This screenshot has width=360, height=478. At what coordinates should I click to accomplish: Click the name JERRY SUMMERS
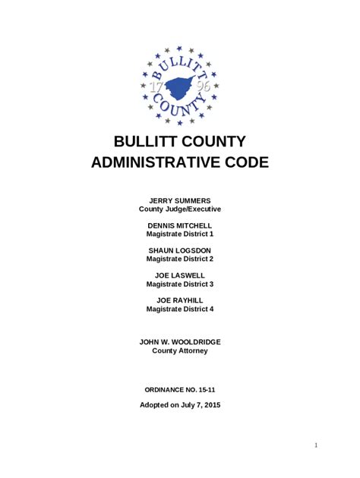coord(180,200)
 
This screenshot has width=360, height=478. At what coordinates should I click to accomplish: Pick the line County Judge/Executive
coord(180,209)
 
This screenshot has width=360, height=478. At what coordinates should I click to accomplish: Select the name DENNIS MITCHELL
coord(180,225)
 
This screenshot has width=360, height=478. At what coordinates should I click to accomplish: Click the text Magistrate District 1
coord(180,234)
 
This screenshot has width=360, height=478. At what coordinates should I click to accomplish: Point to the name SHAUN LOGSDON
coord(180,250)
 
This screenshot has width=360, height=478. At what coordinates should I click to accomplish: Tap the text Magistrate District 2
coord(180,259)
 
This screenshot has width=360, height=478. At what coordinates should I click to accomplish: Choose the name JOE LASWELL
coord(180,275)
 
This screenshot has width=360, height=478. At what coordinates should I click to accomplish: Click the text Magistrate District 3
coord(180,285)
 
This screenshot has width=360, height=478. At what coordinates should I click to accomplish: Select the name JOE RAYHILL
coord(180,300)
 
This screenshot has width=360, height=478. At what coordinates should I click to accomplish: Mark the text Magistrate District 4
coord(180,310)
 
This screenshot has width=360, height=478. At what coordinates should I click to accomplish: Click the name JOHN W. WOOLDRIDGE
coord(180,342)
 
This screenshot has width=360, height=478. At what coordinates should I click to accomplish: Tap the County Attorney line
coord(180,351)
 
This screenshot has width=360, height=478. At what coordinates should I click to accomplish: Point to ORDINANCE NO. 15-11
coord(180,388)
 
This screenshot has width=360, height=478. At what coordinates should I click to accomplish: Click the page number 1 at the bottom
coord(314,445)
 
